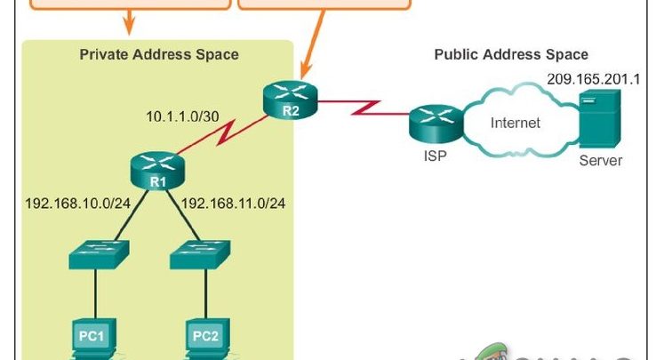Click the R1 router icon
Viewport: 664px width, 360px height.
(158, 165)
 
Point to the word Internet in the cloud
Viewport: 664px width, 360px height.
(515, 123)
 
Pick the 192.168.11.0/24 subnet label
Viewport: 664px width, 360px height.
(233, 204)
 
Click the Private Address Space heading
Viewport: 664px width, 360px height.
(159, 54)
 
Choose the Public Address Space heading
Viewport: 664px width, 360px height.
(510, 54)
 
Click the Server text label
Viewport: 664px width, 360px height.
(601, 161)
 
